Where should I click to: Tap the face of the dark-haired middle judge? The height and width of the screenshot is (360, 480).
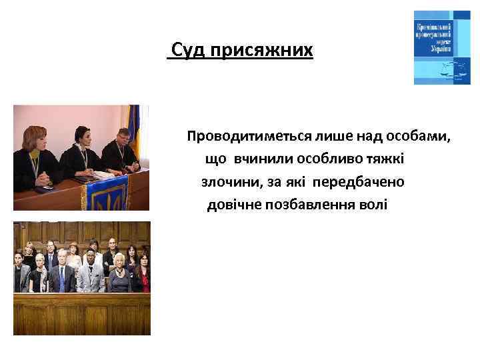pos(83,137)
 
